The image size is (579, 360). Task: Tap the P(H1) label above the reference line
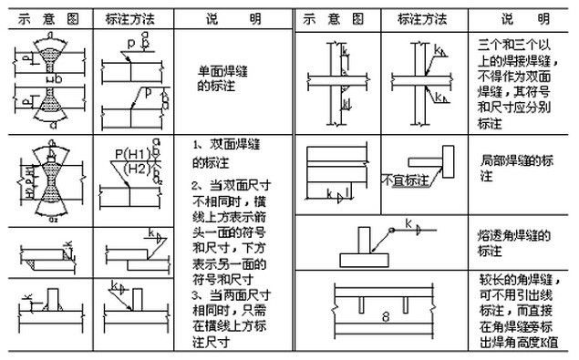[x=130, y=153]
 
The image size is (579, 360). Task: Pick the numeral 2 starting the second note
[x=196, y=186]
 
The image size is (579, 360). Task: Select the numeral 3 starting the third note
[x=196, y=296]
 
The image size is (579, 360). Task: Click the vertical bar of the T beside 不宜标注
[x=450, y=164]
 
